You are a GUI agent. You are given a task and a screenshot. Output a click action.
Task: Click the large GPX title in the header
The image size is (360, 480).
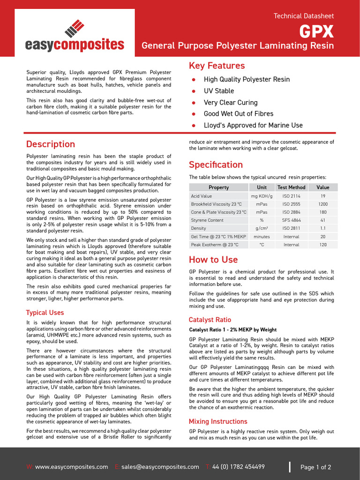pos(317,31)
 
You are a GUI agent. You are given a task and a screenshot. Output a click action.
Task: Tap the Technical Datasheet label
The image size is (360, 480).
pos(304,16)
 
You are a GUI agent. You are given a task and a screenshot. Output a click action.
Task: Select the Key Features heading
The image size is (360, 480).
pos(217,66)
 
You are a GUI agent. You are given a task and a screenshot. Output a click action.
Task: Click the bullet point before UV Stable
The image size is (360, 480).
pos(194,91)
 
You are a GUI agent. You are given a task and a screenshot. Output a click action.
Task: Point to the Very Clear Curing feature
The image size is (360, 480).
pos(231,103)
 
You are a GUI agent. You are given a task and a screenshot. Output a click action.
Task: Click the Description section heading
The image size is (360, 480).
pos(51,144)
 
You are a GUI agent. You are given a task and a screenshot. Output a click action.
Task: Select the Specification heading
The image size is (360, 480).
pos(216,165)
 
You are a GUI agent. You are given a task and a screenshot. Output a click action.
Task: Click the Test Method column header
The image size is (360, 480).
pos(291,187)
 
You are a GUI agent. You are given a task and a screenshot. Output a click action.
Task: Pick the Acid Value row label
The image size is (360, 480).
pos(202,196)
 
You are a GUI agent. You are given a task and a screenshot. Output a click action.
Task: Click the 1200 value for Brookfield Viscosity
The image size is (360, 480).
pos(323,204)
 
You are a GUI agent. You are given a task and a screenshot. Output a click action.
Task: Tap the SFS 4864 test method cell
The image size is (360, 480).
pos(291,220)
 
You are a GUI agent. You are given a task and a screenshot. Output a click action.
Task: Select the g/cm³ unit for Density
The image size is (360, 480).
pos(262,228)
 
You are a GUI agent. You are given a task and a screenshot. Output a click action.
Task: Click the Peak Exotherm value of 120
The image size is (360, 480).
pos(323,245)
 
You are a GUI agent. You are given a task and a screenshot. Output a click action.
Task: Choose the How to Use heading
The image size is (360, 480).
pos(213,260)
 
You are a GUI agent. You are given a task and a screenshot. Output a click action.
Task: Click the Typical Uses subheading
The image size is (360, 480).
pos(45,313)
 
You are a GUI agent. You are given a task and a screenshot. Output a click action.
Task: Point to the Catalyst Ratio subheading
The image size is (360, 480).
pos(210,320)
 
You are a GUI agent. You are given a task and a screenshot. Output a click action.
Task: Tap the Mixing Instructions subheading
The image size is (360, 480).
pos(218,421)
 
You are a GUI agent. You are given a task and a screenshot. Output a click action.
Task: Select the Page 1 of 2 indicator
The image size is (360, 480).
pos(315,467)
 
